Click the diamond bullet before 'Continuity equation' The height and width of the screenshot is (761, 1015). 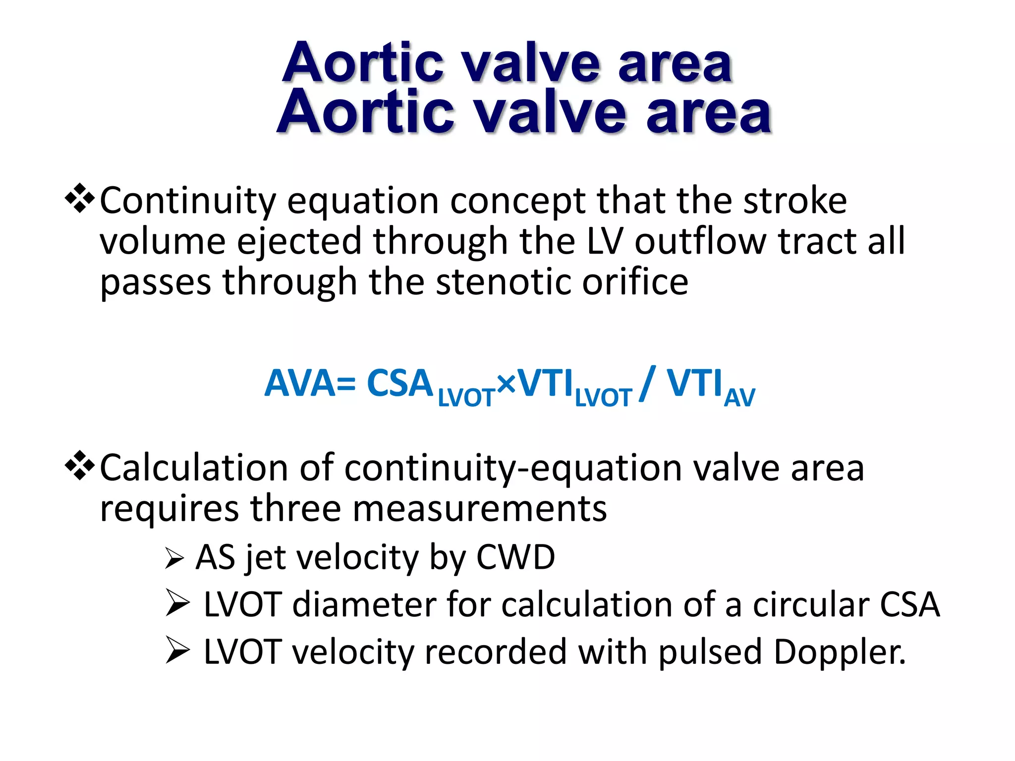pyautogui.click(x=80, y=199)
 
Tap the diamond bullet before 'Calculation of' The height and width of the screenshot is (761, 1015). pyautogui.click(x=80, y=466)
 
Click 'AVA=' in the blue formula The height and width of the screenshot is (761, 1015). pyautogui.click(x=310, y=383)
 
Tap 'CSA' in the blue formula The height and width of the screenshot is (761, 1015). pyautogui.click(x=400, y=383)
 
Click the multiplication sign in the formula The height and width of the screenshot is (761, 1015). pyautogui.click(x=506, y=383)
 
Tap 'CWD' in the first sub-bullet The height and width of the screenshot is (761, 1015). pyautogui.click(x=515, y=557)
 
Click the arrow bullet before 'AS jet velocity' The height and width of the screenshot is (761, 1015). pyautogui.click(x=174, y=558)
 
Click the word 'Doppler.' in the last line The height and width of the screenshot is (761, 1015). pyautogui.click(x=840, y=652)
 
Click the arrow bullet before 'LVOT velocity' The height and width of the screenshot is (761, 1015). pyautogui.click(x=177, y=650)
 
